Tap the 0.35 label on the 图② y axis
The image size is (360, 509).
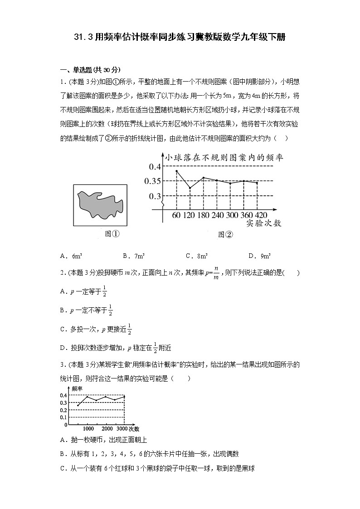152,181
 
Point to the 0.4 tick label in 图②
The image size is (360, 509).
155,167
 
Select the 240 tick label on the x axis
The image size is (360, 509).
218,215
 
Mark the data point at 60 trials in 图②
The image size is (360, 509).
176,171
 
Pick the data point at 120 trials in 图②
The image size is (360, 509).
190,188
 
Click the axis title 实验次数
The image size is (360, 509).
264,223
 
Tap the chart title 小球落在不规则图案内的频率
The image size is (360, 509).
224,157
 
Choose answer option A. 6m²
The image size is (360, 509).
70,256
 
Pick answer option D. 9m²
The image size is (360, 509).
260,256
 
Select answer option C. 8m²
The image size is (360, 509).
197,256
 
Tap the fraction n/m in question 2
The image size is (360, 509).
216,273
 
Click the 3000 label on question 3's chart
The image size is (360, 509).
122,429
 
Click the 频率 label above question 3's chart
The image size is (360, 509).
77,389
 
